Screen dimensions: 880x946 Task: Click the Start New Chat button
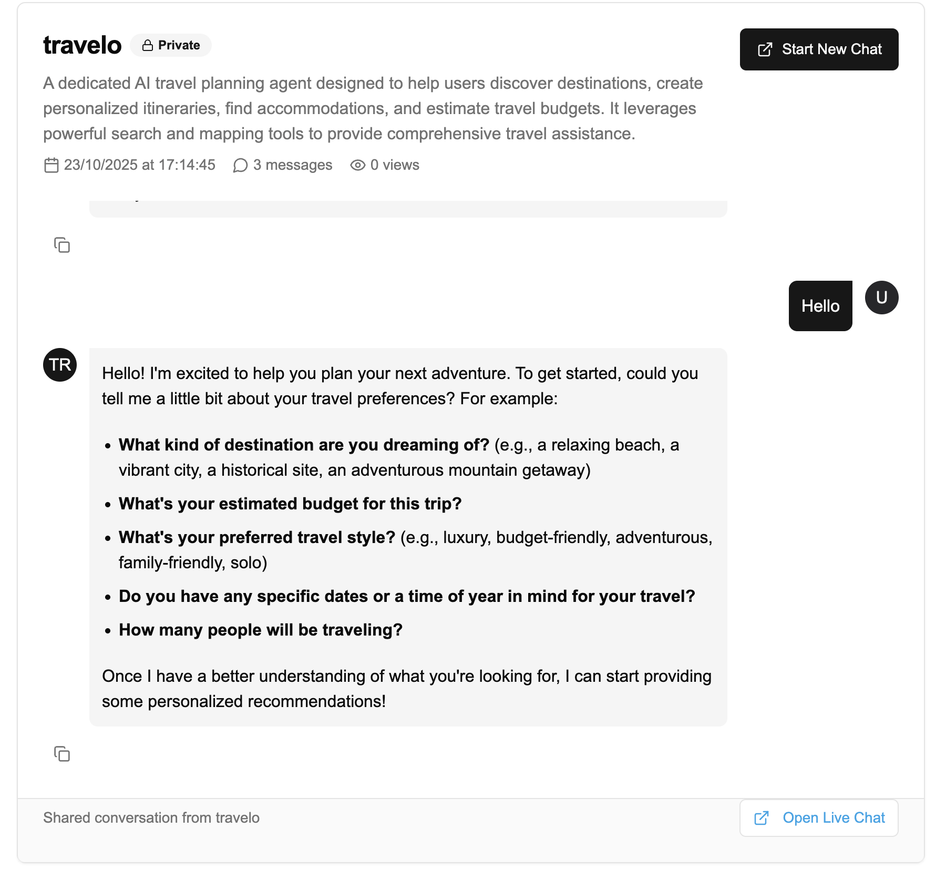pos(818,49)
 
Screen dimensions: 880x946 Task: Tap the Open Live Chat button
pos(818,818)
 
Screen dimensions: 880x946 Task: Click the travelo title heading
pos(83,45)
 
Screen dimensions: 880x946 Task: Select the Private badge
pos(171,45)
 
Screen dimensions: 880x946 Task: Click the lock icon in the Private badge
pos(148,46)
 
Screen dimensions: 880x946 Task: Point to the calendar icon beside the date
pos(51,165)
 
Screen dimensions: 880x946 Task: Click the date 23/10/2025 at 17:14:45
pos(139,165)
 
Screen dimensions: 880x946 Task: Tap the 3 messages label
pos(292,165)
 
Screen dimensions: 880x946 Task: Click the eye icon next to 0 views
pos(357,165)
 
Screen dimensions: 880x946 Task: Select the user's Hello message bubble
pos(820,306)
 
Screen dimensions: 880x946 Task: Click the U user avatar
pos(881,298)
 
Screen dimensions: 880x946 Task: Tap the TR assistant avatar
pos(60,365)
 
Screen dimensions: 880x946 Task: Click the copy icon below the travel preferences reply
pos(62,754)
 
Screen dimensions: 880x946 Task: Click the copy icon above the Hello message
pos(62,245)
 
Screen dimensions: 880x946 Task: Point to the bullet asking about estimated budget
pos(290,504)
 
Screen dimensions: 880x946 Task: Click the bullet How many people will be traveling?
pos(260,630)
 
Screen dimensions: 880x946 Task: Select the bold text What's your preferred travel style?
pos(256,537)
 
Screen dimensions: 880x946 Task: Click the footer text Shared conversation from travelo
pos(151,818)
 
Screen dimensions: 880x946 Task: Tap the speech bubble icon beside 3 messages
pos(240,166)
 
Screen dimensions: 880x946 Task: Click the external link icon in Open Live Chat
pos(761,818)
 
